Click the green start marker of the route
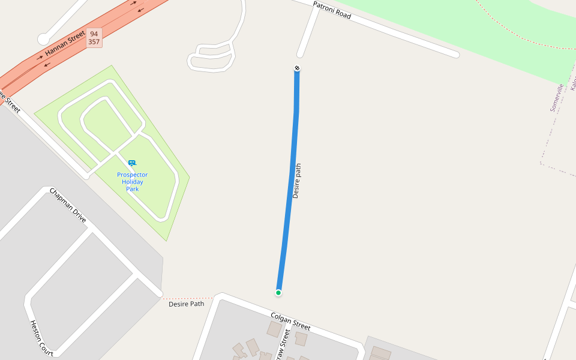pos(278,293)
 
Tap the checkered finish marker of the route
pos(297,68)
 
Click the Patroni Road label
pos(332,10)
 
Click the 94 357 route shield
pos(94,38)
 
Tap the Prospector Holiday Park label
pos(132,182)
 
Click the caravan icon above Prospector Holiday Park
pos(132,163)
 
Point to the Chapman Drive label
pos(68,205)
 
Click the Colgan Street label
pos(290,322)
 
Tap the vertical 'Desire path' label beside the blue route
pos(296,181)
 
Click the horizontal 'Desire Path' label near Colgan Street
pos(186,304)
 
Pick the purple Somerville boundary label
pos(556,98)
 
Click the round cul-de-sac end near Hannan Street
pos(43,39)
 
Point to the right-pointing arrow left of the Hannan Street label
pos(40,58)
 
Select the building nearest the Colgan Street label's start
pos(274,329)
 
